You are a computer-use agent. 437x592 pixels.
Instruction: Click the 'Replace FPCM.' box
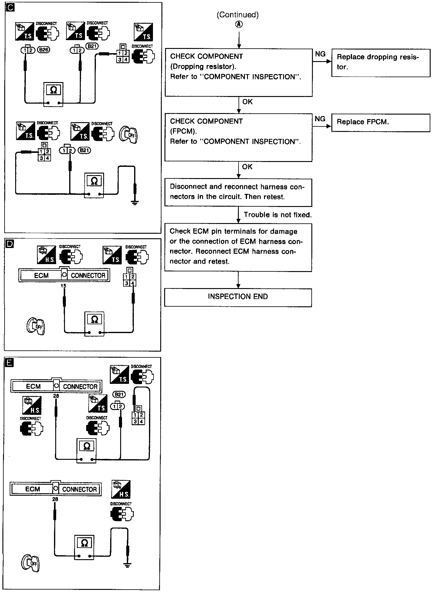[381, 122]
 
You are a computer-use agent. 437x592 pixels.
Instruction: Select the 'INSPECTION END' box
[238, 297]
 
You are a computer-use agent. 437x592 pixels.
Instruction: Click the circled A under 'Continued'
[239, 25]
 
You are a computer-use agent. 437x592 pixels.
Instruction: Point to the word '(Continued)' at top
[238, 15]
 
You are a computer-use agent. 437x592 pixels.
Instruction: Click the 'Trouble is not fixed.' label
[277, 215]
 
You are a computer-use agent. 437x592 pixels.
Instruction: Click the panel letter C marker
[10, 7]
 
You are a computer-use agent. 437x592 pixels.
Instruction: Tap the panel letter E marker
[10, 363]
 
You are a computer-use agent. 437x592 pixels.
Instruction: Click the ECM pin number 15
[63, 286]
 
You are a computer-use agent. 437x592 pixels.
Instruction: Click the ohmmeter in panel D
[94, 323]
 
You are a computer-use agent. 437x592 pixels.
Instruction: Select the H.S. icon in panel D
[46, 255]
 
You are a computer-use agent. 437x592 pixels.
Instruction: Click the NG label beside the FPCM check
[320, 119]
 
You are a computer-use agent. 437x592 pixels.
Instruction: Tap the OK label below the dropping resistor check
[247, 102]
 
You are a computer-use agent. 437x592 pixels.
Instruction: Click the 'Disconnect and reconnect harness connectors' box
[238, 192]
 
